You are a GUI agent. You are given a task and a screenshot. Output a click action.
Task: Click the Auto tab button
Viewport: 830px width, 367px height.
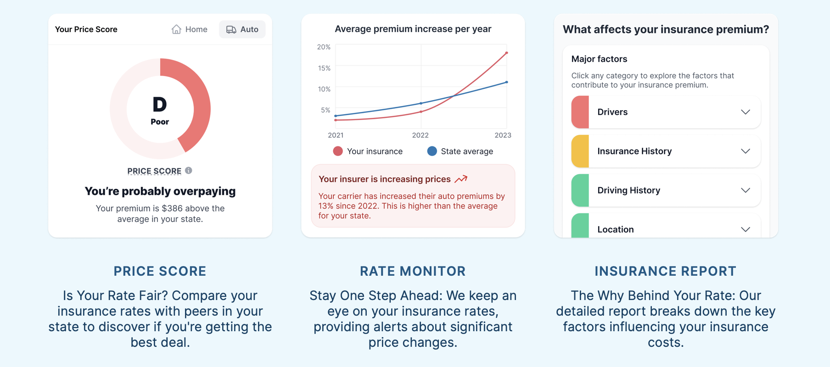coord(242,29)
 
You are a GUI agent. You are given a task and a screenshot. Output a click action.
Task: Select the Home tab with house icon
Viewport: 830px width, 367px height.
coord(189,29)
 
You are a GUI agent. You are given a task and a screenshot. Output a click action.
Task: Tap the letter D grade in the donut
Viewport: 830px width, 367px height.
coord(160,105)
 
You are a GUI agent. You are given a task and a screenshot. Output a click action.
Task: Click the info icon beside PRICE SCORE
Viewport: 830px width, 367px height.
coord(189,171)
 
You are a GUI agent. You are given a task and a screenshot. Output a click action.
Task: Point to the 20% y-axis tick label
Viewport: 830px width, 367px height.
coord(324,47)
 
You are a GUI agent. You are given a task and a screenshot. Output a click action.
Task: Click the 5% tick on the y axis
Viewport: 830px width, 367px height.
coord(325,110)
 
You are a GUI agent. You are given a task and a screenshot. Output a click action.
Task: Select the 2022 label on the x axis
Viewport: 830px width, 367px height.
coord(420,135)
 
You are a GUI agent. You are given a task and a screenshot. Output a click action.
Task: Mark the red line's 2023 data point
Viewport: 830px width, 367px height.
coord(506,53)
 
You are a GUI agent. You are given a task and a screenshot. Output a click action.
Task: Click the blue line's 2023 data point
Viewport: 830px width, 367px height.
coord(506,82)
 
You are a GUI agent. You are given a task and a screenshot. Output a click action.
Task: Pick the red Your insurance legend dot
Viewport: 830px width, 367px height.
coord(338,151)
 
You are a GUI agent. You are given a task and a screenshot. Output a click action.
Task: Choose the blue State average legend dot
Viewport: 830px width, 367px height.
coord(432,151)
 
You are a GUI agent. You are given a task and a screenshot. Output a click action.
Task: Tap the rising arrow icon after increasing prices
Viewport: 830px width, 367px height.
coord(461,179)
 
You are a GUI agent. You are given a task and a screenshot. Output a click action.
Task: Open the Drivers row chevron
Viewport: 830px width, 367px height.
coord(746,112)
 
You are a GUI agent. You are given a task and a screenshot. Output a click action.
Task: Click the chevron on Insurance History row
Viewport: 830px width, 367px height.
coord(746,151)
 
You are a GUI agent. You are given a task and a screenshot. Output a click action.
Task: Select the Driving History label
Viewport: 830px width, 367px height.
coord(629,190)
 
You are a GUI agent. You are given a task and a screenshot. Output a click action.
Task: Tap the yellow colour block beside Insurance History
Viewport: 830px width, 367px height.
coord(580,151)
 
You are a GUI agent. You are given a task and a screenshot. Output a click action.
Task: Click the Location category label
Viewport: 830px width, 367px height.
coord(616,229)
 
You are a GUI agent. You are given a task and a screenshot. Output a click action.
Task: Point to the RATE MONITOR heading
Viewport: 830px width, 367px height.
coord(413,271)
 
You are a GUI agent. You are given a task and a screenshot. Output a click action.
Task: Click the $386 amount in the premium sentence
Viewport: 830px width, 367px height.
coord(172,208)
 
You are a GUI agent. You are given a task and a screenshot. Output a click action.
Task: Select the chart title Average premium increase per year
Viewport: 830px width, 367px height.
coord(413,29)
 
